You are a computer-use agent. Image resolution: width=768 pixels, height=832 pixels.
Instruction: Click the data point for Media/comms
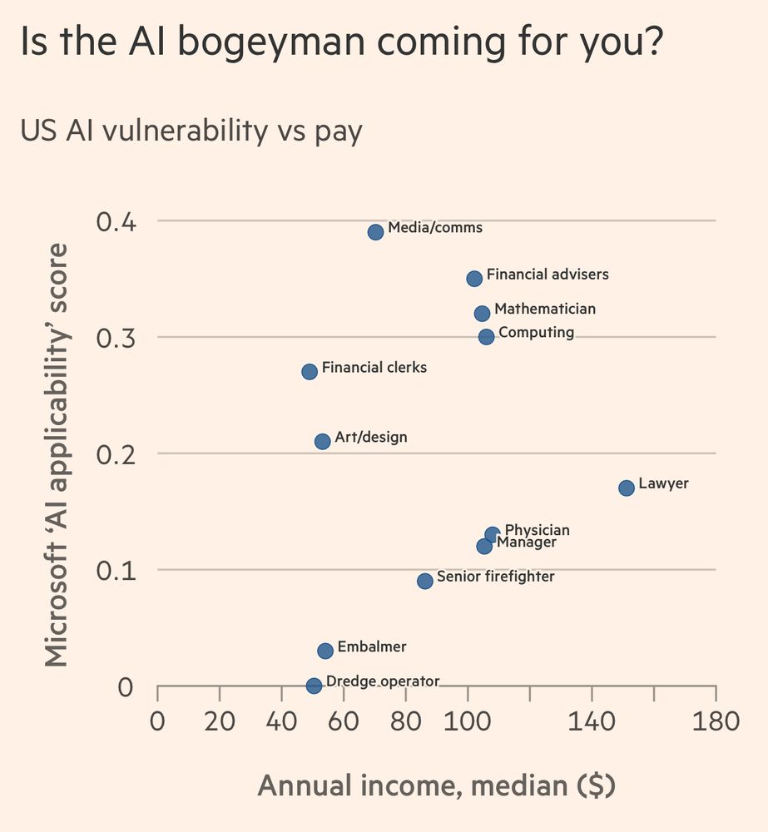click(375, 231)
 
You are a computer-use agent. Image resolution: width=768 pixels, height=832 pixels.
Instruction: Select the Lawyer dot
click(627, 488)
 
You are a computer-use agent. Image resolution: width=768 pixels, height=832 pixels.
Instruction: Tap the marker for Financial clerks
click(310, 371)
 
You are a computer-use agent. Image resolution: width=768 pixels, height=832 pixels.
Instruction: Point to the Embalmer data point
click(325, 651)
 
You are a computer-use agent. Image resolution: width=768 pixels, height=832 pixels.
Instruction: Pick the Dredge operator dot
click(314, 686)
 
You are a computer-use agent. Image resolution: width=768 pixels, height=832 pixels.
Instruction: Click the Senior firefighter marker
click(425, 581)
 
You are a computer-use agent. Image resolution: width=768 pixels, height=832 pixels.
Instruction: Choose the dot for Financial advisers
click(474, 278)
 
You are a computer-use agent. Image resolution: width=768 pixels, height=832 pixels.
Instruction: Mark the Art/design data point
click(323, 441)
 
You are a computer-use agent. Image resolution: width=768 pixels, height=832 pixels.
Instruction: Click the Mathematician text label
click(545, 309)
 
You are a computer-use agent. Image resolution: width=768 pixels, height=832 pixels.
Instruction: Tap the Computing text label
click(536, 333)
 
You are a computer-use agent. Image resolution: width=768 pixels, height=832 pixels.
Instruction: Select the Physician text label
click(538, 530)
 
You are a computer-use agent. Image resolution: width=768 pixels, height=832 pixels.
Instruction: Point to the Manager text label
click(527, 543)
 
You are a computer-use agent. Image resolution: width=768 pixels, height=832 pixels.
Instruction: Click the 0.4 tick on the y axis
click(116, 222)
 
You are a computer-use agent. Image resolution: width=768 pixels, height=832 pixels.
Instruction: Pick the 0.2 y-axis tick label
click(116, 454)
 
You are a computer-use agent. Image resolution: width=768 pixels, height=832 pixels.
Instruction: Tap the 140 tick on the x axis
click(592, 720)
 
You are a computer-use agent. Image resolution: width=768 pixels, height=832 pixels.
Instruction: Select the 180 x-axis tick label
click(716, 720)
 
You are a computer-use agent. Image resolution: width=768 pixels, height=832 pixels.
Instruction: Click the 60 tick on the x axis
click(344, 720)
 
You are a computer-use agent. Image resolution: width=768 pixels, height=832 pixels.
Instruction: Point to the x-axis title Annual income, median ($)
click(436, 785)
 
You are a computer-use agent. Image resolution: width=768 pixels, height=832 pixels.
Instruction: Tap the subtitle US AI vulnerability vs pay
click(191, 131)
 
